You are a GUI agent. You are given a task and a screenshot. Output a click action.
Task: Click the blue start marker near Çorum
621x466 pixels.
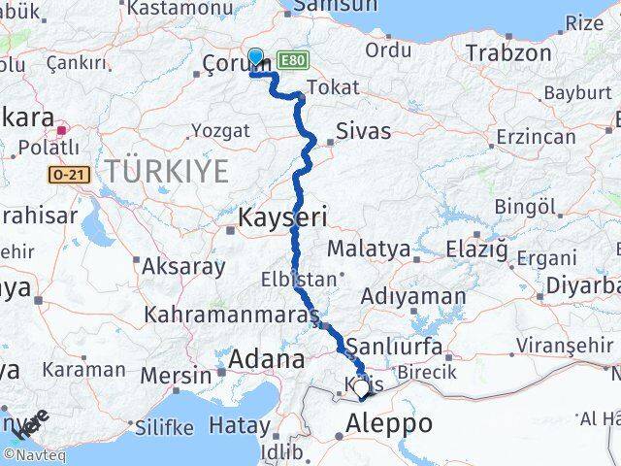[255, 57]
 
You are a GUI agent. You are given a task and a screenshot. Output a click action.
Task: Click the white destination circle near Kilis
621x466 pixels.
[362, 389]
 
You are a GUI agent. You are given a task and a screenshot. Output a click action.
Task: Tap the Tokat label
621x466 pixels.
[325, 88]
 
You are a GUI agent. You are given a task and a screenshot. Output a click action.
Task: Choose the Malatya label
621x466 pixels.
[368, 250]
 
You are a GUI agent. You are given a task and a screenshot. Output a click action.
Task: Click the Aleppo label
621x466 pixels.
[389, 423]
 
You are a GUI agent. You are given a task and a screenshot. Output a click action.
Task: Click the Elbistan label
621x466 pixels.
[298, 280]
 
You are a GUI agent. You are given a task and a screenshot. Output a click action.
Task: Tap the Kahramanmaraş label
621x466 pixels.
[232, 316]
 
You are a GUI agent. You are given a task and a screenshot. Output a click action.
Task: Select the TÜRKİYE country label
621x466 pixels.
[167, 173]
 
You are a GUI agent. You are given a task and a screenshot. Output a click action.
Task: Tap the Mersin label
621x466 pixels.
[176, 374]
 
